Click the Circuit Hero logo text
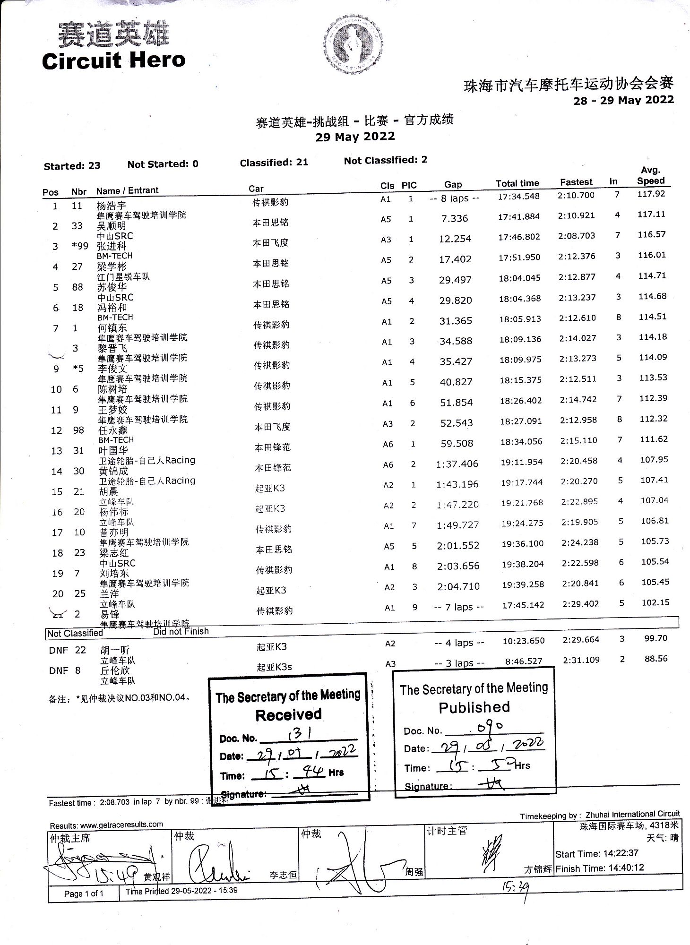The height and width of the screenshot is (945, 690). tap(113, 61)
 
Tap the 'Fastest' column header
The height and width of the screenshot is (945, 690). tap(576, 182)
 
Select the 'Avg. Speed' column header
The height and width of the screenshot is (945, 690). tap(650, 175)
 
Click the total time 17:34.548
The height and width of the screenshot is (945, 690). tap(518, 196)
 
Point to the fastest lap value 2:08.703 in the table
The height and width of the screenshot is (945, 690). tap(577, 236)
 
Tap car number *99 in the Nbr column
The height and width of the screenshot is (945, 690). tap(77, 246)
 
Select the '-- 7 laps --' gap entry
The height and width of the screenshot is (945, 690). tap(458, 607)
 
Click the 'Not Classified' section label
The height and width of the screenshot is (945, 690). tap(75, 633)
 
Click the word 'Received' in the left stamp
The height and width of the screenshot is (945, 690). tap(288, 714)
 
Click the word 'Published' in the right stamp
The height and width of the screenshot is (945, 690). tap(474, 707)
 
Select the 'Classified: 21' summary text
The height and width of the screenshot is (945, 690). tap(274, 163)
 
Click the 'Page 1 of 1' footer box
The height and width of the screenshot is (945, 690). tap(84, 893)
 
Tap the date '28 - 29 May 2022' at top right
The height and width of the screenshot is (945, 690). tap(623, 100)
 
